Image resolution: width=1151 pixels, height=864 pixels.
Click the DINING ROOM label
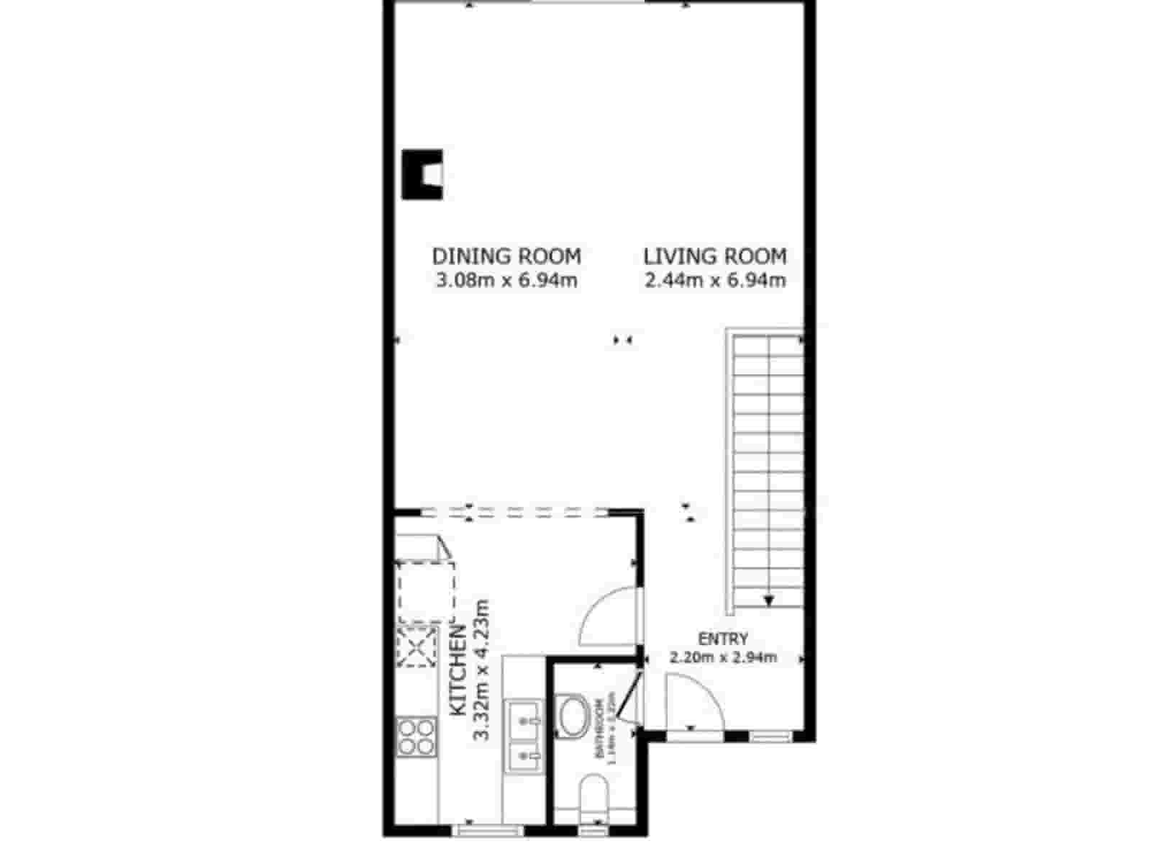pos(506,256)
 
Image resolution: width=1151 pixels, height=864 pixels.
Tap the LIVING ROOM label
pos(714,256)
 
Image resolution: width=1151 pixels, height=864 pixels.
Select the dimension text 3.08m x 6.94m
pos(506,281)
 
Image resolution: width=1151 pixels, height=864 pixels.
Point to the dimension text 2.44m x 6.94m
pos(714,281)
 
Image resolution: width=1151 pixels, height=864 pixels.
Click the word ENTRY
pos(723,639)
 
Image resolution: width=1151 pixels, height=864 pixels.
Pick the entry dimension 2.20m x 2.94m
pos(723,657)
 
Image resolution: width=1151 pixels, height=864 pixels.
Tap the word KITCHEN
pos(458,670)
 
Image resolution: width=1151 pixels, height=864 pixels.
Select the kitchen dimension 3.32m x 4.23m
pos(481,670)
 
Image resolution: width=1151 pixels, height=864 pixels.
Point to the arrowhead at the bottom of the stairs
pos(768,600)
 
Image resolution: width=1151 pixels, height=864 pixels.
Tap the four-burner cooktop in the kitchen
pos(417,737)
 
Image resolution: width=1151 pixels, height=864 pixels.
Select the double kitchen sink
pos(523,734)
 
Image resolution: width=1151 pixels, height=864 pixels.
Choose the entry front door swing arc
pos(692,702)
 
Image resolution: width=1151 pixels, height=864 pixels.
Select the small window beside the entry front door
pos(770,736)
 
